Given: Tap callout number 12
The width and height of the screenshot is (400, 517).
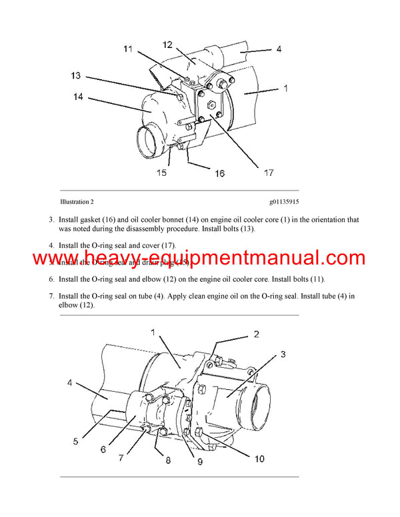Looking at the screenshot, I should [x=167, y=45].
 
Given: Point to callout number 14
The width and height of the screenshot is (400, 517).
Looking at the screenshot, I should [x=79, y=97].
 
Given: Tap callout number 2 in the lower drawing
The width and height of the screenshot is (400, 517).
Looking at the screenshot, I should [x=256, y=334].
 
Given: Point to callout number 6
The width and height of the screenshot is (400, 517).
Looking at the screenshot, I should [x=103, y=450].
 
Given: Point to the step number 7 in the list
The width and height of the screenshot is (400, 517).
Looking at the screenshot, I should [x=51, y=295].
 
